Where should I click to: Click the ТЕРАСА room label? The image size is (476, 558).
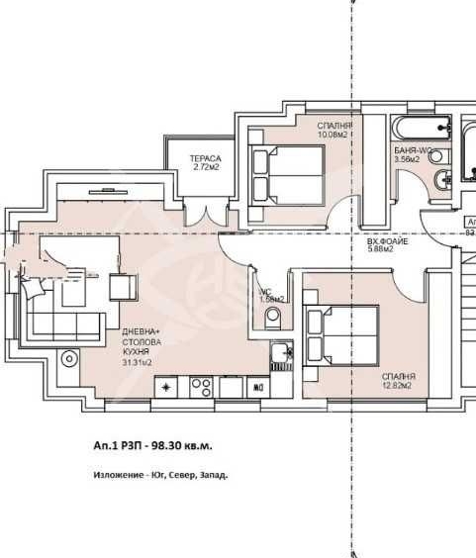click(206, 158)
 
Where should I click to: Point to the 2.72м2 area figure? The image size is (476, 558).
click(206, 168)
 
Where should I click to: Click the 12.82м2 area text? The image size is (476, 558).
click(400, 388)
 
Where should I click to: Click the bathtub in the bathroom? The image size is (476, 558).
click(422, 129)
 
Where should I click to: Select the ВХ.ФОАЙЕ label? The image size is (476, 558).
click(387, 240)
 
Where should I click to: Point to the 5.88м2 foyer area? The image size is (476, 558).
click(381, 249)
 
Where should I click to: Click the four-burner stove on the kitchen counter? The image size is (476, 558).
click(201, 386)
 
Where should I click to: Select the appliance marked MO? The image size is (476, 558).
click(258, 387)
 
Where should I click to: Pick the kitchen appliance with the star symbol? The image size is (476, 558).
click(166, 386)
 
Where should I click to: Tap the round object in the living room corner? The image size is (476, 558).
click(69, 358)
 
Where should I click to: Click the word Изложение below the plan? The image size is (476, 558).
click(116, 475)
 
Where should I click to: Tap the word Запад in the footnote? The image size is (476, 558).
click(212, 475)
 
